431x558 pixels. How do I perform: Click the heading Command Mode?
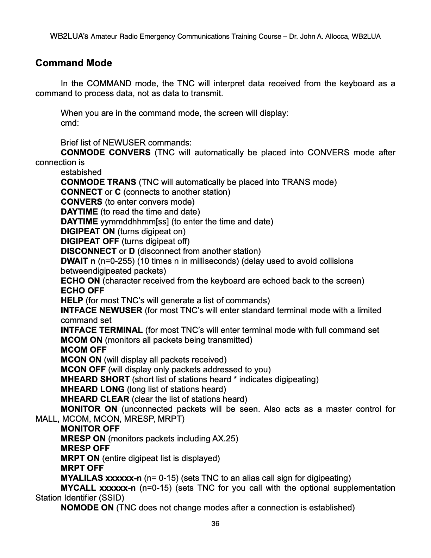74,63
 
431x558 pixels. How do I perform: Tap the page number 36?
215,523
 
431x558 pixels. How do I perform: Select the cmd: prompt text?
70,123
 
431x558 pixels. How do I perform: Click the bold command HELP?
72,300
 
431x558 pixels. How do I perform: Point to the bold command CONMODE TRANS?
98,182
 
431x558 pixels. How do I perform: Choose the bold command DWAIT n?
78,261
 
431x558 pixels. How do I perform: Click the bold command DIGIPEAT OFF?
90,241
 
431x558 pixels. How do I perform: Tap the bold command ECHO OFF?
82,291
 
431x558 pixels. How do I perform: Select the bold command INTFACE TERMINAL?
101,330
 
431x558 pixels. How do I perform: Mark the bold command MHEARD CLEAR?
95,399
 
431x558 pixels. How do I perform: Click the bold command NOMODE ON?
87,508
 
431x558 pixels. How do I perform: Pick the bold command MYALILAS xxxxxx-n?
101,478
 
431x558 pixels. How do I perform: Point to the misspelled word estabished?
81,172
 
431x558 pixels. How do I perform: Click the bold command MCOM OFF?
83,350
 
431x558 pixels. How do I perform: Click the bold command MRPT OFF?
82,468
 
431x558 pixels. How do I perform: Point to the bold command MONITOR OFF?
90,429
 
